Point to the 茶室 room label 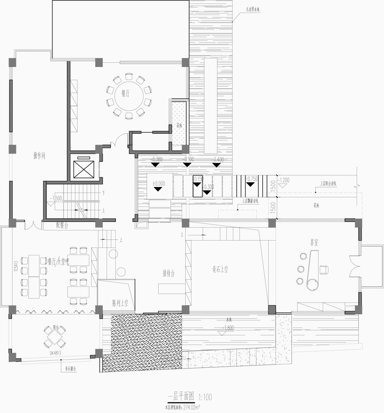coord(314,243)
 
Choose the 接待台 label coord(169,273)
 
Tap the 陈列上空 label coord(120,303)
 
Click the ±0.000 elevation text coord(159,183)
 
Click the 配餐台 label coord(62,226)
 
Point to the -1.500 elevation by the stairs coord(57,198)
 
